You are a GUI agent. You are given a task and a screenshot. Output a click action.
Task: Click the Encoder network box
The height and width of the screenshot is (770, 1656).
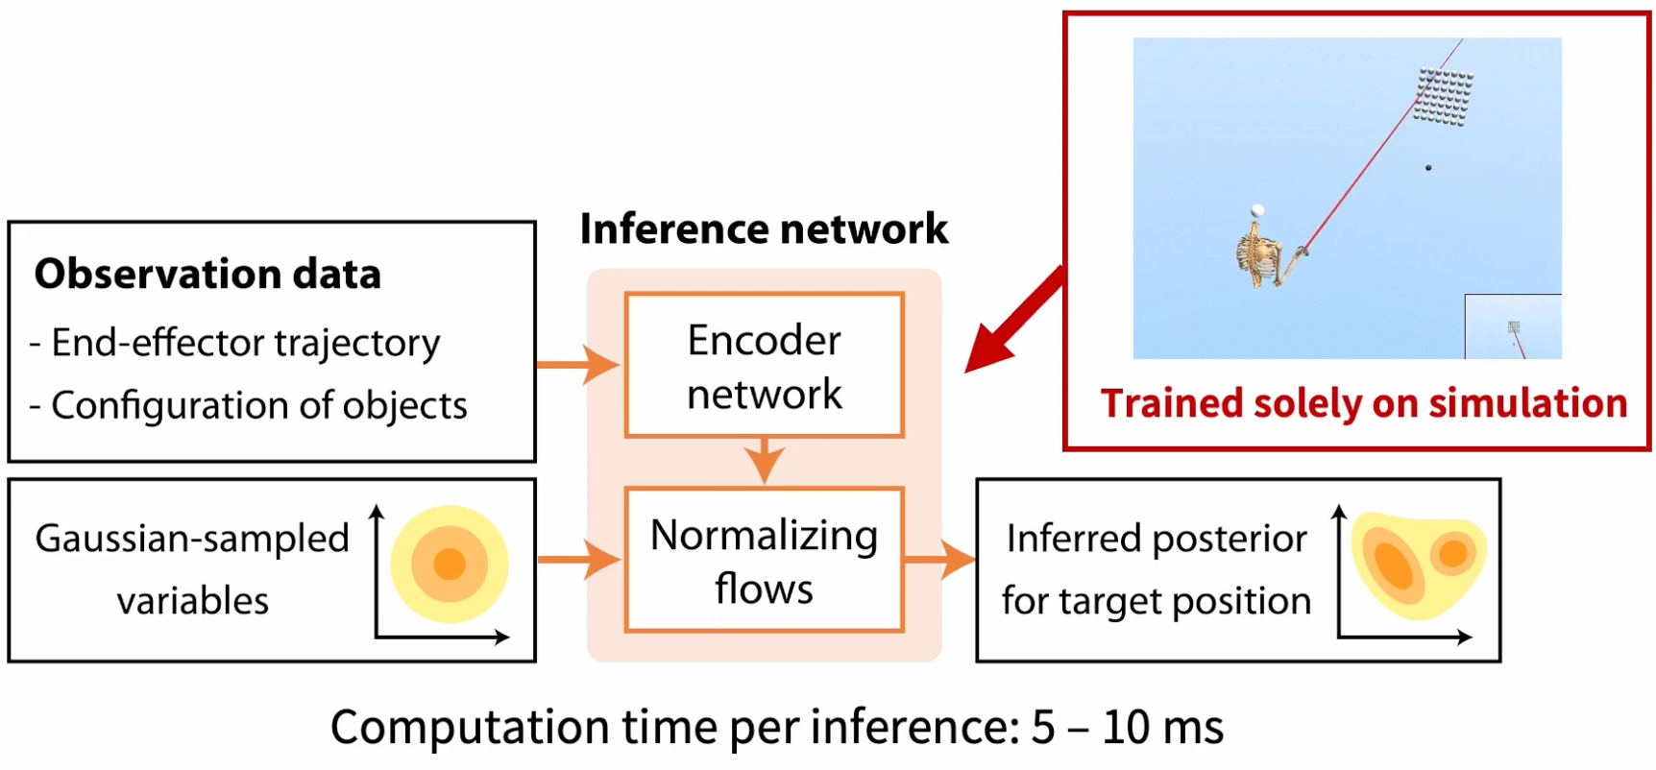coord(764,366)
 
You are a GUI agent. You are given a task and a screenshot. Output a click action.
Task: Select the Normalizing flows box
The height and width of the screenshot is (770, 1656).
coord(764,561)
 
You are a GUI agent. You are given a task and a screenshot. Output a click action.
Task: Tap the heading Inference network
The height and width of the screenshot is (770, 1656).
coord(764,229)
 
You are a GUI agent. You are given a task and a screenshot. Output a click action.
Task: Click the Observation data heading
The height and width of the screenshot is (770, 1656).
coord(207,275)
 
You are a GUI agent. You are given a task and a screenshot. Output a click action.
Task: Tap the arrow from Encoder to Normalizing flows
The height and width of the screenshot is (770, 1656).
coord(764,461)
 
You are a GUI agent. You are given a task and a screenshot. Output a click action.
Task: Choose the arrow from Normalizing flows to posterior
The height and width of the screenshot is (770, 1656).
coord(939,560)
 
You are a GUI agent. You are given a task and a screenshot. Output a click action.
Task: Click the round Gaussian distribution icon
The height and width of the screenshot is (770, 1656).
coord(450,564)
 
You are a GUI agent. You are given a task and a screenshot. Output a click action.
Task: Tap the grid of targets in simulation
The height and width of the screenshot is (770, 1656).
coord(1444,96)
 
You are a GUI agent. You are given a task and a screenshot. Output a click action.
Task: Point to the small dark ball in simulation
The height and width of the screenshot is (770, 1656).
coord(1428,168)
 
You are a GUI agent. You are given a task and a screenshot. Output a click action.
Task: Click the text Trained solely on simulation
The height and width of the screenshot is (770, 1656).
coord(1363,403)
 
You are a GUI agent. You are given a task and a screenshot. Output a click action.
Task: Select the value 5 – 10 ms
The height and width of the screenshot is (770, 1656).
coord(1128,728)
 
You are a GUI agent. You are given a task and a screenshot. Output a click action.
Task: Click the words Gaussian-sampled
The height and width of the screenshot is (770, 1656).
coord(192,539)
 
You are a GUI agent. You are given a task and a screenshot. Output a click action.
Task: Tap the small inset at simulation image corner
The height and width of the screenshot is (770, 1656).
coord(1513,327)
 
